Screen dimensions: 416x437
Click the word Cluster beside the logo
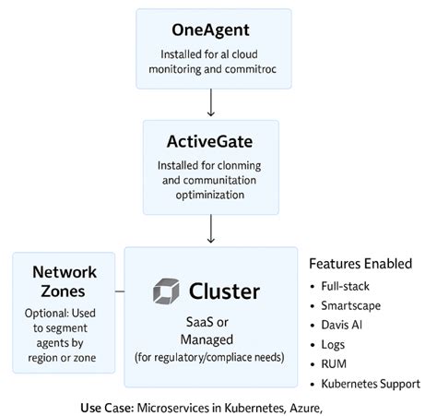coord(224,291)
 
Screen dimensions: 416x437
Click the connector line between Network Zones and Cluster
coord(120,294)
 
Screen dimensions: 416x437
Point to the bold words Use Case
coord(107,406)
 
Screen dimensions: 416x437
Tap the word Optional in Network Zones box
coord(52,313)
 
